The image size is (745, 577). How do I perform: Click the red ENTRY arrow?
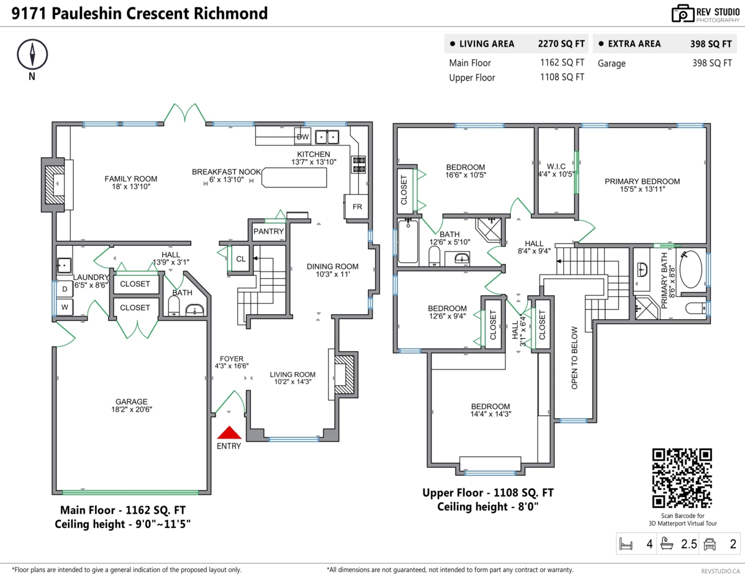tap(229, 433)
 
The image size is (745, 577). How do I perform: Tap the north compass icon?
tap(31, 55)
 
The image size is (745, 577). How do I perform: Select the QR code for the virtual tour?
tap(681, 478)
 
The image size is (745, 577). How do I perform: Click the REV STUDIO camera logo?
tap(683, 14)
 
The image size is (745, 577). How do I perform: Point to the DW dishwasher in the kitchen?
tap(303, 136)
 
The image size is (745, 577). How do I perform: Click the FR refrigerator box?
tap(357, 207)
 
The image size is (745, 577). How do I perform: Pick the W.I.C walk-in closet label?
tap(556, 170)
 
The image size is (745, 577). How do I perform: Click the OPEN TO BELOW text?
tap(574, 358)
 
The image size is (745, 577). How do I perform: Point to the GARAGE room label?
tap(131, 401)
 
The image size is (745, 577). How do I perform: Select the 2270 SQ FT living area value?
tap(561, 44)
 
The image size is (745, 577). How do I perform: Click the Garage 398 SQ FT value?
tap(711, 63)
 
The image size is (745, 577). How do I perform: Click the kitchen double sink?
tap(326, 136)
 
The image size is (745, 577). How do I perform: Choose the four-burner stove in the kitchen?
tap(359, 164)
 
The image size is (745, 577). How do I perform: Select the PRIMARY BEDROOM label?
tap(642, 181)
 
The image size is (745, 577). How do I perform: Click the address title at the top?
tap(140, 13)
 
